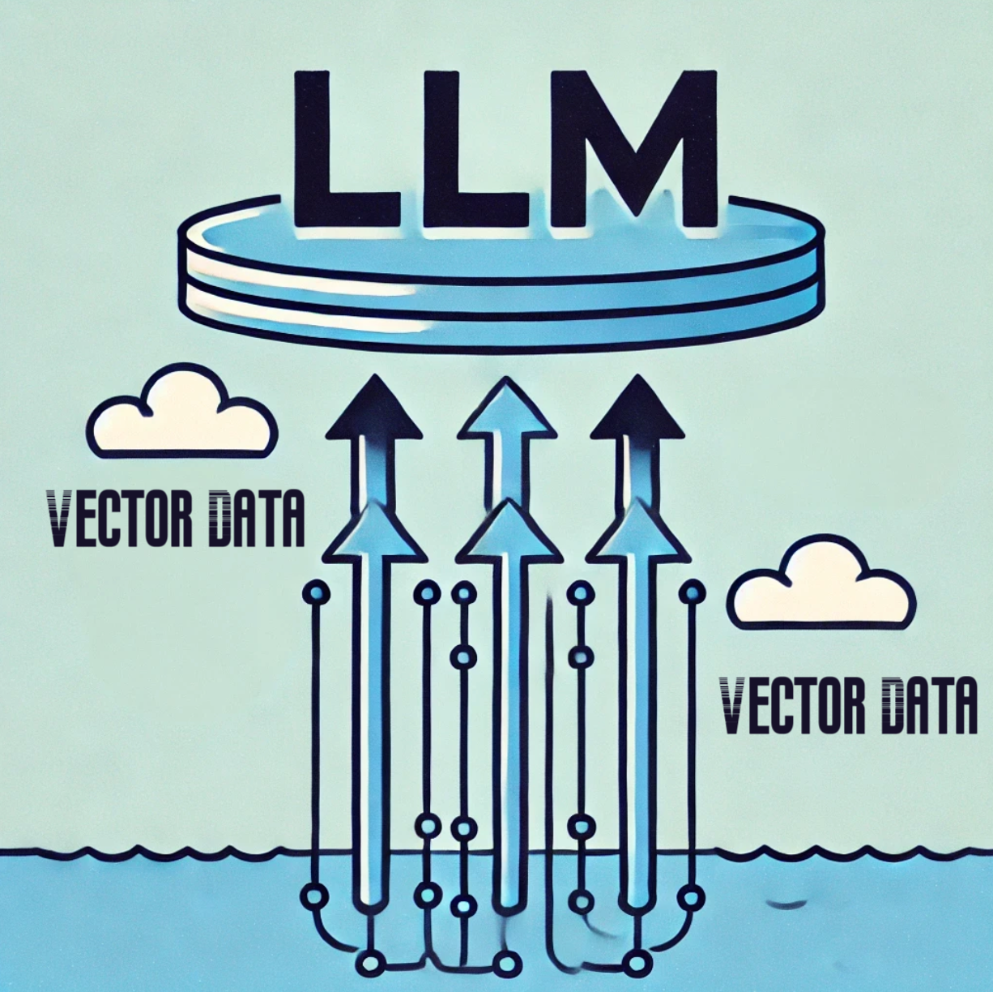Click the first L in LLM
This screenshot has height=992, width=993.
[x=344, y=154]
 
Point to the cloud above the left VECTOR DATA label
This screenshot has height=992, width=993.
[x=183, y=413]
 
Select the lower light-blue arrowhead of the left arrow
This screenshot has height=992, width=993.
[x=373, y=535]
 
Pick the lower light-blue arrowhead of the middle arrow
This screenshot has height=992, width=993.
[x=509, y=535]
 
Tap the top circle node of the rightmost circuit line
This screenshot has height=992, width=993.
[x=692, y=592]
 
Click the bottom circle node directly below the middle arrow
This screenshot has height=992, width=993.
[x=509, y=964]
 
